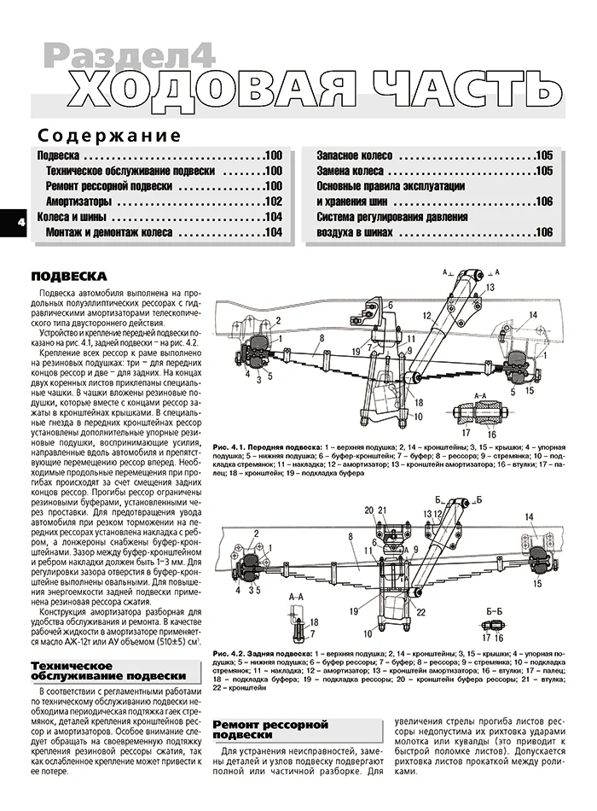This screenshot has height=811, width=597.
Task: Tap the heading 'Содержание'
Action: point(109,136)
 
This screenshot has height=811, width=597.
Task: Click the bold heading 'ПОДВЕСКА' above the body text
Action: point(68,277)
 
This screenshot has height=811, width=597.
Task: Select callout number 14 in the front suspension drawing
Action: point(532,316)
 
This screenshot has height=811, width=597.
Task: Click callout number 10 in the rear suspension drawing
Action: point(368,633)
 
